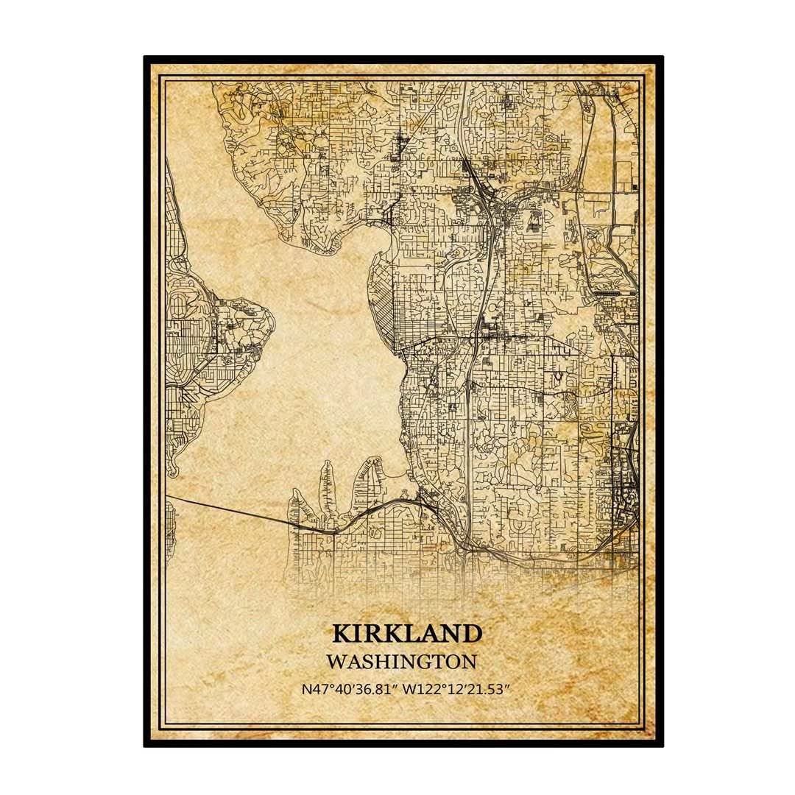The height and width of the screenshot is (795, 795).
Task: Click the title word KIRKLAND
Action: click(407, 633)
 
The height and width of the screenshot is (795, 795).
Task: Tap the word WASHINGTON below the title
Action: click(402, 661)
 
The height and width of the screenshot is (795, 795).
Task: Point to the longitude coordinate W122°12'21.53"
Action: click(458, 690)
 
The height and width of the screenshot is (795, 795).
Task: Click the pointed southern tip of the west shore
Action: click(173, 468)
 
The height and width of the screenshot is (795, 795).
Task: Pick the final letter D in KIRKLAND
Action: click(473, 633)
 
